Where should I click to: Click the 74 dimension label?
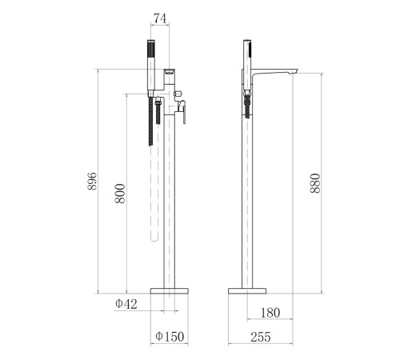tap(160, 18)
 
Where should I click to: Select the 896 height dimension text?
tap(92, 181)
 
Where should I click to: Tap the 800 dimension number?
tap(120, 194)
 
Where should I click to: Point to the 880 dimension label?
tap(315, 183)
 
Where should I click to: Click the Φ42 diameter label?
tap(126, 304)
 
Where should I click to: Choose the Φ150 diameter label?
tap(170, 337)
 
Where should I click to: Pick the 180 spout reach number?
tap(270, 313)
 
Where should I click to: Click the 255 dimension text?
tap(261, 337)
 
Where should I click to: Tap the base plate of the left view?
tap(170, 291)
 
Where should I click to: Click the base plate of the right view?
tap(247, 291)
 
